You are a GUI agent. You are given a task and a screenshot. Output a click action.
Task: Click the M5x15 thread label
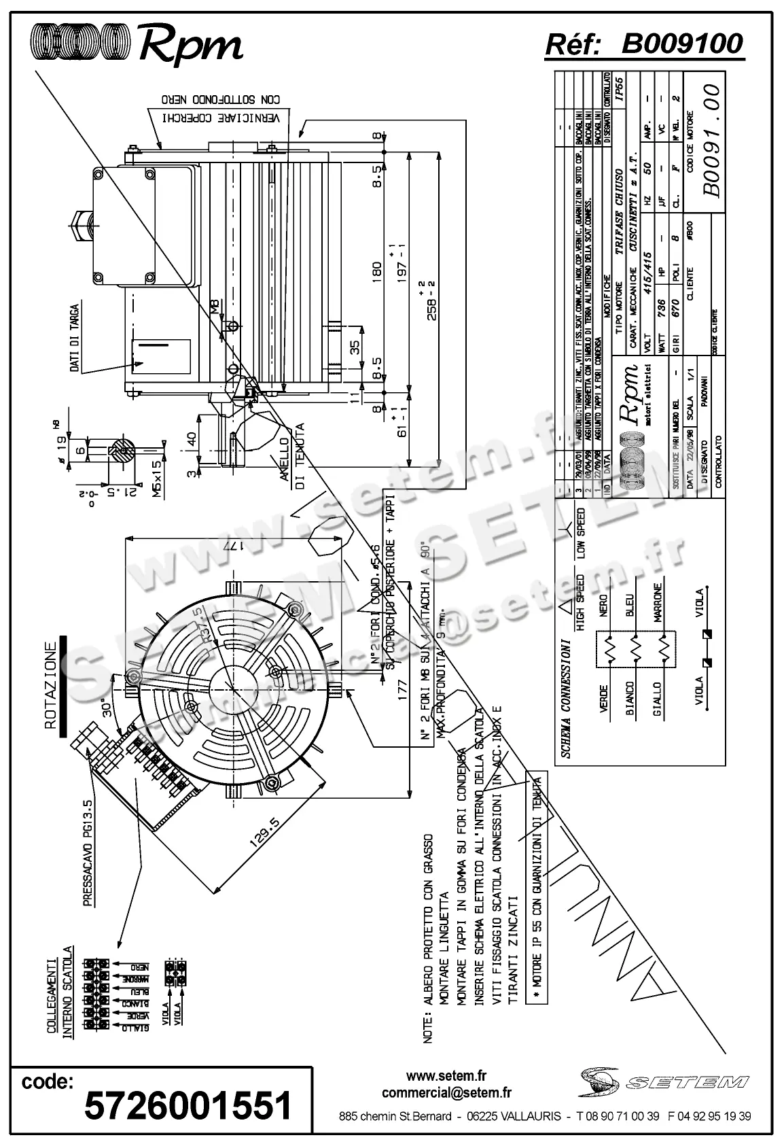157,479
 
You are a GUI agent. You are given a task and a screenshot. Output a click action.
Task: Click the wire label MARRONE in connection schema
658,604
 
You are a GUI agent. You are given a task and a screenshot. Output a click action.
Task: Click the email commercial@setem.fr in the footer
446,1093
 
